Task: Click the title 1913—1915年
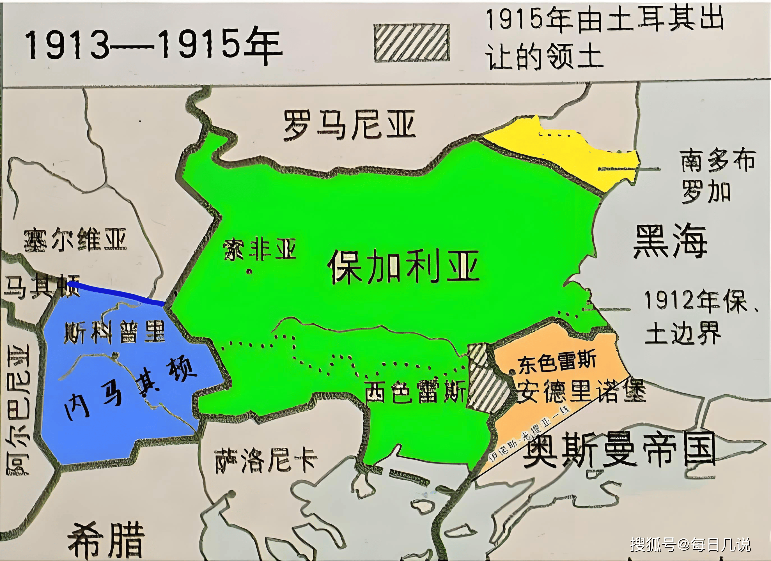153,46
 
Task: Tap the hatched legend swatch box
411,43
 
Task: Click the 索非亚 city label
260,249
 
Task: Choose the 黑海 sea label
670,241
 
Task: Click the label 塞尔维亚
75,240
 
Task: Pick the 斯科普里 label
114,332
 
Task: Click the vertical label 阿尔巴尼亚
19,410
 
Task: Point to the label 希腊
106,540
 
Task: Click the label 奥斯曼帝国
619,450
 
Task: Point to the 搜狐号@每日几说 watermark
690,544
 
